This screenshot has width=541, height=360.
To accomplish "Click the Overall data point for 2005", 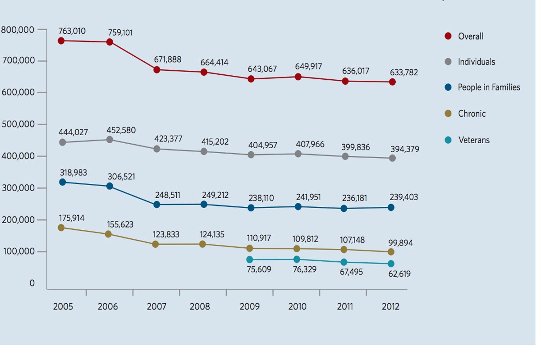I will [61, 41].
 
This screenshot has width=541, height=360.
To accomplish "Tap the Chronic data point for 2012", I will [390, 252].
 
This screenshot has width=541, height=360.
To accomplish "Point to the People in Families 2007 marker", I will [156, 205].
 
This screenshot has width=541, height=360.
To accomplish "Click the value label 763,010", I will [72, 31].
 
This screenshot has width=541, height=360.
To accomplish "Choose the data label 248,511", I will [168, 196].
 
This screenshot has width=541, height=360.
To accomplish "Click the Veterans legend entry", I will [473, 140].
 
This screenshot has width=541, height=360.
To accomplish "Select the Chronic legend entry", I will [472, 114].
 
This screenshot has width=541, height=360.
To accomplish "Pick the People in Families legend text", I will [489, 88].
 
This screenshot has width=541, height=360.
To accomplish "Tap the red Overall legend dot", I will [448, 36].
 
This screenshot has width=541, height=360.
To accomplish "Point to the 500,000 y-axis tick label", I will [18, 124].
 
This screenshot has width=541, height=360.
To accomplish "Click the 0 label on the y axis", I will [32, 283].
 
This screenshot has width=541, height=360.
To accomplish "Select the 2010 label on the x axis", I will [297, 307].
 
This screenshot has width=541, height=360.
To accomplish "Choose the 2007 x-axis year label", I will [156, 307].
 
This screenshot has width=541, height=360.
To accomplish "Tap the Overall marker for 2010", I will [298, 77].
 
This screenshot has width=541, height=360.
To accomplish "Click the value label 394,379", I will [404, 149].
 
